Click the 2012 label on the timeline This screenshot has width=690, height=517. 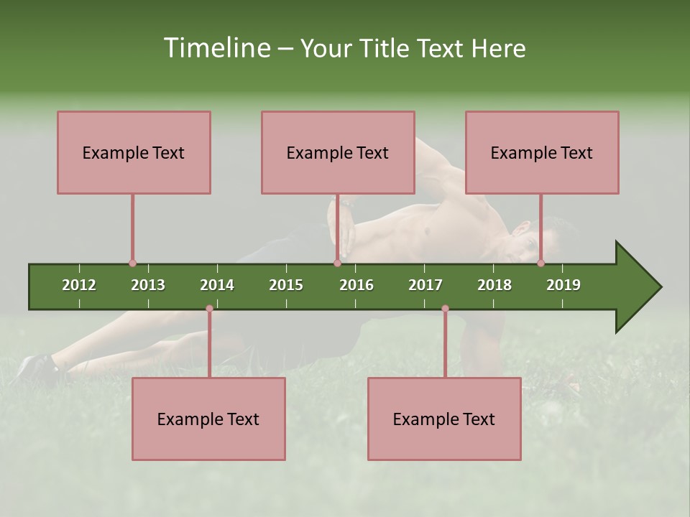[x=79, y=285]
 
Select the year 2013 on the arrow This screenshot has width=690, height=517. [x=148, y=285]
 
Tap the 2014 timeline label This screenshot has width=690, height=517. [x=217, y=285]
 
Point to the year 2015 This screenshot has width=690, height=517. [x=286, y=285]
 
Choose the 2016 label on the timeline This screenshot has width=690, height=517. [x=356, y=285]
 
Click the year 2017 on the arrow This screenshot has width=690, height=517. [x=425, y=285]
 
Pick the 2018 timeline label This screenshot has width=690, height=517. [x=494, y=285]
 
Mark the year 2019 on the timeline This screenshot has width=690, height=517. [x=563, y=285]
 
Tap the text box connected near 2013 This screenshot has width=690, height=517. [x=134, y=152]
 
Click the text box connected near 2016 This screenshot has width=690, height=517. [x=338, y=152]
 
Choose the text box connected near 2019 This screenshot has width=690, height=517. [x=542, y=152]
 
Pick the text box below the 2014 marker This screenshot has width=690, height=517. [x=208, y=419]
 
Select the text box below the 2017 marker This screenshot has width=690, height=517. [x=444, y=419]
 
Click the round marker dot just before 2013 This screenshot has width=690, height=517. [x=132, y=264]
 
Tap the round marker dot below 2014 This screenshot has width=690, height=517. [x=209, y=309]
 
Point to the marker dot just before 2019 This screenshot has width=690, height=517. [x=540, y=264]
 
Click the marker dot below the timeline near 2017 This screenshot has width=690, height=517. [x=445, y=309]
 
